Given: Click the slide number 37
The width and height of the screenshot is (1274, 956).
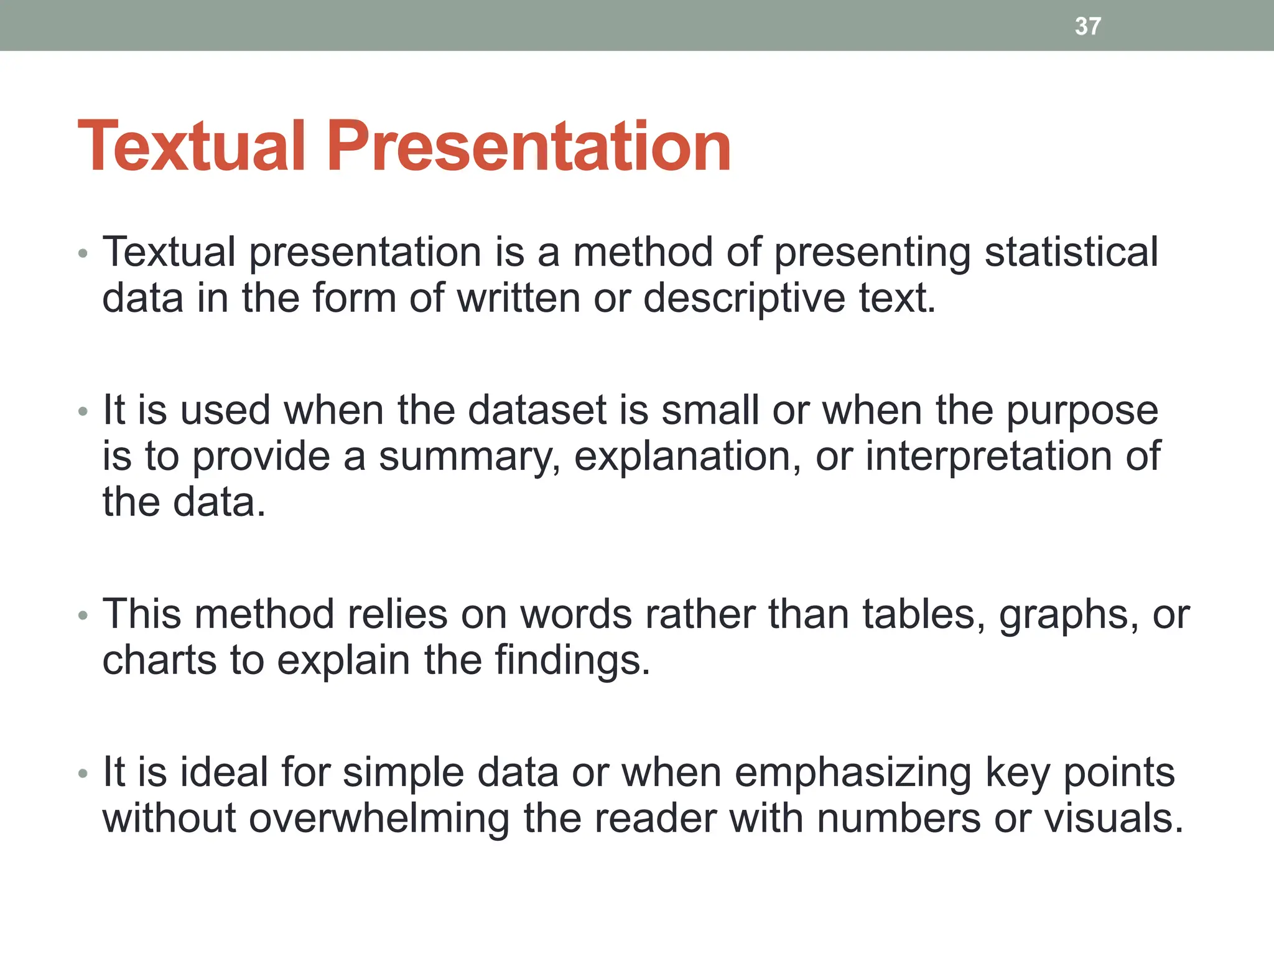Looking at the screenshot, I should coord(1087,26).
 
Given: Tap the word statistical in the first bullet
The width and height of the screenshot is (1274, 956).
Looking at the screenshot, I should coord(1071,252).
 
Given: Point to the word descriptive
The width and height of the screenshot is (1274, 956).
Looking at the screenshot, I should coord(744,299).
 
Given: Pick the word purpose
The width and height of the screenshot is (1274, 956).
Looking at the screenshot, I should coord(1082,411).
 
